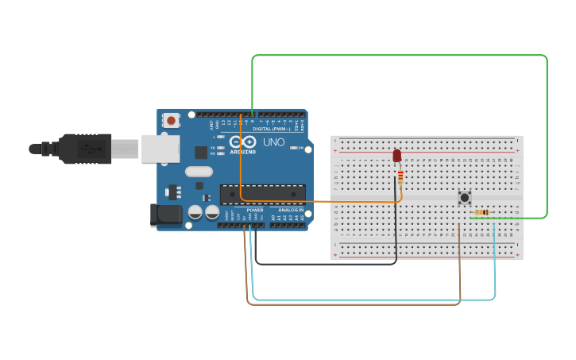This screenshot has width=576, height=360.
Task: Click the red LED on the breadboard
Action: pyautogui.click(x=397, y=156)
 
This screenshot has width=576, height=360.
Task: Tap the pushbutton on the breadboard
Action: pyautogui.click(x=465, y=196)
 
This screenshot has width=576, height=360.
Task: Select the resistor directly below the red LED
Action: pyautogui.click(x=400, y=176)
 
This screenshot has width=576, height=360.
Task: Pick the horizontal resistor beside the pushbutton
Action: pyautogui.click(x=481, y=212)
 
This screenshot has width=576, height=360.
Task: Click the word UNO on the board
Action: pyautogui.click(x=273, y=142)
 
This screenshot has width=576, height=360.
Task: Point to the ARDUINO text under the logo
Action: pyautogui.click(x=243, y=151)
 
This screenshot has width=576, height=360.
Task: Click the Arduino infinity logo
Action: pyautogui.click(x=243, y=141)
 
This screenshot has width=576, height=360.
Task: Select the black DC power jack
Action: pyautogui.click(x=164, y=214)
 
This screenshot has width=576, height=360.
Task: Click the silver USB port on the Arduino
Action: pyautogui.click(x=161, y=149)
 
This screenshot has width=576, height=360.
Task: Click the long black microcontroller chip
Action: pyautogui.click(x=262, y=194)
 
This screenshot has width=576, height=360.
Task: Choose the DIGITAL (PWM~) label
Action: pyautogui.click(x=272, y=129)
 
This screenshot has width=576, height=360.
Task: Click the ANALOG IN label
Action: pyautogui.click(x=290, y=210)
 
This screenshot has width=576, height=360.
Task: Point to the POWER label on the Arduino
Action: pyautogui.click(x=254, y=210)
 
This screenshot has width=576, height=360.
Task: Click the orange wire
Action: pyautogui.click(x=318, y=202)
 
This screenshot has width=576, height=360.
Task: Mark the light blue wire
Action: pyautogui.click(x=373, y=300)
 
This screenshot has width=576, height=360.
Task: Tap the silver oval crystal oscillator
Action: pyautogui.click(x=199, y=172)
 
